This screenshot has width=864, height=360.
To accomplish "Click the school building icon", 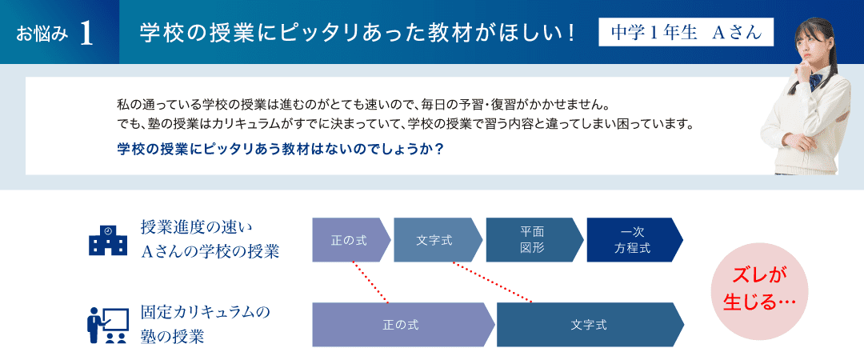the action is (108, 240).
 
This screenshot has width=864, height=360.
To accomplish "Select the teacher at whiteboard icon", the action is (108, 326).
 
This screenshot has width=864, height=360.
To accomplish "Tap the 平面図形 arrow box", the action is (534, 240).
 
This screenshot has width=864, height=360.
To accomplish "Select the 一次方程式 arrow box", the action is (634, 240).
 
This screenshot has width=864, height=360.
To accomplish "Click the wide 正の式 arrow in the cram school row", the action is (403, 325).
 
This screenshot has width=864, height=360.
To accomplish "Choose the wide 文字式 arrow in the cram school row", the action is (590, 325).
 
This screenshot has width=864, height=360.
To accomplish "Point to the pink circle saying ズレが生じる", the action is (759, 291).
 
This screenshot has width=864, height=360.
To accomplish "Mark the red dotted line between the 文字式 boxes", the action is (492, 283).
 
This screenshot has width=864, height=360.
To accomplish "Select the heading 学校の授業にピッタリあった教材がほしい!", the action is (358, 33).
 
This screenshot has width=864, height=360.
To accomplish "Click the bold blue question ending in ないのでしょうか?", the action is (281, 150).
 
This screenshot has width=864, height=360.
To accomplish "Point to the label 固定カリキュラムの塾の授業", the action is (206, 324).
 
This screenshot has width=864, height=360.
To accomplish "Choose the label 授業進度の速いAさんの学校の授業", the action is (210, 239).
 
